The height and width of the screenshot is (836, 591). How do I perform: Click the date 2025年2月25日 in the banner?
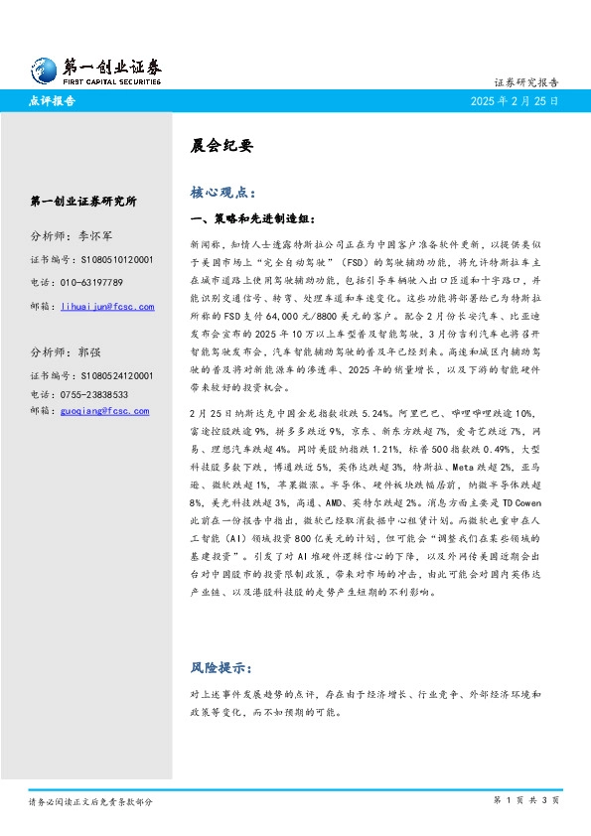click(516, 101)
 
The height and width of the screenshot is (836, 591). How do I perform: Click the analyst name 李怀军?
click(97, 236)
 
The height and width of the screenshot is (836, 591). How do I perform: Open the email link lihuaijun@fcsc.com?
click(107, 307)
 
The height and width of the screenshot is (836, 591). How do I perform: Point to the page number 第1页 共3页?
click(526, 800)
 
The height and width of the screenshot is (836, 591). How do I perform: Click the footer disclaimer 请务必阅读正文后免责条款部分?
click(90, 800)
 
